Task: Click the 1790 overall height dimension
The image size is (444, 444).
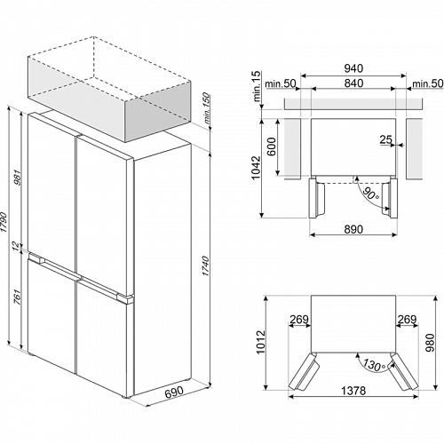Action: [4, 222]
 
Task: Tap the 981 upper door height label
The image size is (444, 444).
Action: [18, 178]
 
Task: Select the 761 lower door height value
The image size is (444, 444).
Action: [18, 297]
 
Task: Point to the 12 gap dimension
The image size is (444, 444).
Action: [16, 245]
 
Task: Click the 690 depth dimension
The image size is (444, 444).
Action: [174, 392]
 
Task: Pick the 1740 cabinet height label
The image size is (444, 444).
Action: [205, 266]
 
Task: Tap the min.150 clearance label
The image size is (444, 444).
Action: [207, 108]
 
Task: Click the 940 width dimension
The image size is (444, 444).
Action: [353, 68]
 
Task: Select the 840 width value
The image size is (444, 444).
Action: [353, 83]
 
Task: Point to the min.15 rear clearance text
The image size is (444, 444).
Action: [257, 86]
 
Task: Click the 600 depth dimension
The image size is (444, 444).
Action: [271, 147]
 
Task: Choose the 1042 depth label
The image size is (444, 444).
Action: [256, 168]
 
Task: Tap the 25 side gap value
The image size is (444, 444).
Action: [386, 139]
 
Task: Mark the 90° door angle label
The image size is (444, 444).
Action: [370, 194]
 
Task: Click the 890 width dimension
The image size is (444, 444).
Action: [353, 229]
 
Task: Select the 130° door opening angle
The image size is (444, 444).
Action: [375, 365]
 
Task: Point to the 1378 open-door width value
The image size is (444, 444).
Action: [353, 391]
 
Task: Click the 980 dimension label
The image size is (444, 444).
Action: [430, 343]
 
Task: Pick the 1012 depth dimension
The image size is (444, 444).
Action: [261, 343]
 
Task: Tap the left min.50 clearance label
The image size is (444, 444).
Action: [280, 83]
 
